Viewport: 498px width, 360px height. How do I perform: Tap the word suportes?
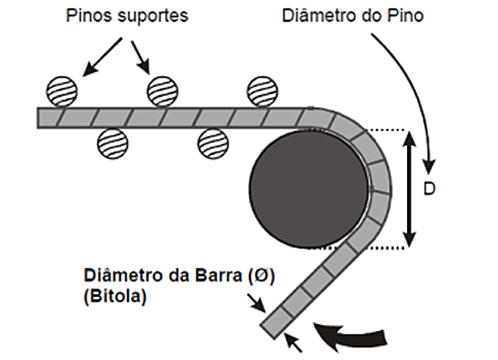click(x=154, y=16)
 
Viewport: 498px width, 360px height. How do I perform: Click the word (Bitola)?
click(x=115, y=296)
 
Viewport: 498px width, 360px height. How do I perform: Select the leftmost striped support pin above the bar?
click(x=62, y=91)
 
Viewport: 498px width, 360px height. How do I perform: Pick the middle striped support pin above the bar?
click(x=162, y=91)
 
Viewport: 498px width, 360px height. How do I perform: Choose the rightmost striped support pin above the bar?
click(x=263, y=91)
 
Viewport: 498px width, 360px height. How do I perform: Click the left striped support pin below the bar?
click(x=112, y=144)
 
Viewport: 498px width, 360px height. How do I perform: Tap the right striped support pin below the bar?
click(x=213, y=144)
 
